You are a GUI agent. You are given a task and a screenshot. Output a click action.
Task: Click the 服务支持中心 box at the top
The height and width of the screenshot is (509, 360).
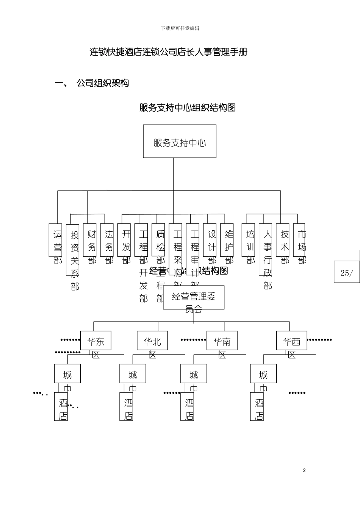point(180,141)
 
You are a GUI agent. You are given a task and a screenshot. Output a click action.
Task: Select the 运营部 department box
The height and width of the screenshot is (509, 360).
point(55,240)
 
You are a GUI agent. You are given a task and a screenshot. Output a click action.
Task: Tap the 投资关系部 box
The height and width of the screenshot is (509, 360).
point(72,250)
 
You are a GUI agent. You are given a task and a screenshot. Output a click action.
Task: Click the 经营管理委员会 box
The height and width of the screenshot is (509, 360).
point(194,298)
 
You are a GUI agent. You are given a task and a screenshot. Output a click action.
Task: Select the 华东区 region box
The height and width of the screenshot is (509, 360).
point(95,340)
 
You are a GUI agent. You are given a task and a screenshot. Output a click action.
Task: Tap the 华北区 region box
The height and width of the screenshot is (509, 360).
point(152,340)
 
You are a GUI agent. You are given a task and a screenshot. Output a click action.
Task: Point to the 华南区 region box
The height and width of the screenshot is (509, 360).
point(222,340)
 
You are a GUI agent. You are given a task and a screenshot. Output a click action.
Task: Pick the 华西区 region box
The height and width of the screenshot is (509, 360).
point(291,340)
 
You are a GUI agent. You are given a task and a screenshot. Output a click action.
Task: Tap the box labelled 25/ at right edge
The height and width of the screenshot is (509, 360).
point(346,272)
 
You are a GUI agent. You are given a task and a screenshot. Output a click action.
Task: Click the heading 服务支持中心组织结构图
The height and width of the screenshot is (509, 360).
point(188,108)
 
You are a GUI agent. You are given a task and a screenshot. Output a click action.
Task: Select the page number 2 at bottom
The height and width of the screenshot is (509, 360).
point(304,470)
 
